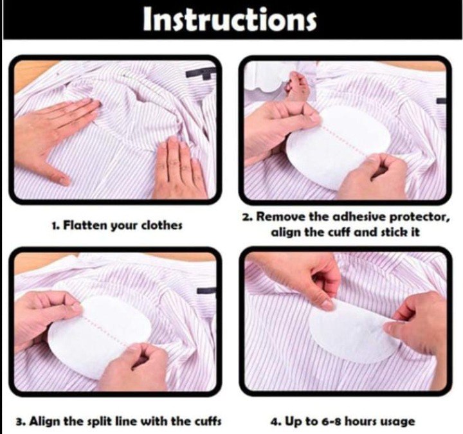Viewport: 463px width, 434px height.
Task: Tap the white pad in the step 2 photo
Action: pyautogui.click(x=339, y=148)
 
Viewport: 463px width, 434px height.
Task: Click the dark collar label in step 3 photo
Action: pyautogui.click(x=206, y=290)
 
